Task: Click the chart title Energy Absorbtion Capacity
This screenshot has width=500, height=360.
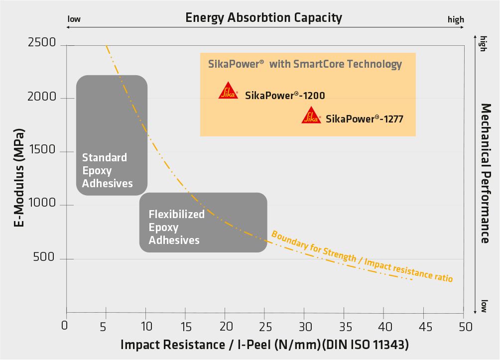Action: pyautogui.click(x=263, y=18)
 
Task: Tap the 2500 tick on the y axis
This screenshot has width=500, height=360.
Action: pyautogui.click(x=42, y=43)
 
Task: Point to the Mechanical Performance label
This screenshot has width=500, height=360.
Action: pyautogui.click(x=486, y=173)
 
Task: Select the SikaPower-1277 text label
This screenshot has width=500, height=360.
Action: pyautogui.click(x=365, y=119)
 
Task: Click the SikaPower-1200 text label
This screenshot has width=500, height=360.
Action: pyautogui.click(x=285, y=95)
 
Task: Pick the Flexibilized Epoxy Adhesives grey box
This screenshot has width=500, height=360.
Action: pyautogui.click(x=203, y=222)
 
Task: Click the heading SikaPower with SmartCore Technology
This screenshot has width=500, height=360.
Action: pyautogui.click(x=304, y=64)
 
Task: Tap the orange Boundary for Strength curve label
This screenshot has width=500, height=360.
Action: pyautogui.click(x=362, y=256)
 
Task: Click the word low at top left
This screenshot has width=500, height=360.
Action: pyautogui.click(x=74, y=19)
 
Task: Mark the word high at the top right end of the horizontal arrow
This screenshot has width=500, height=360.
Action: pyautogui.click(x=455, y=20)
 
